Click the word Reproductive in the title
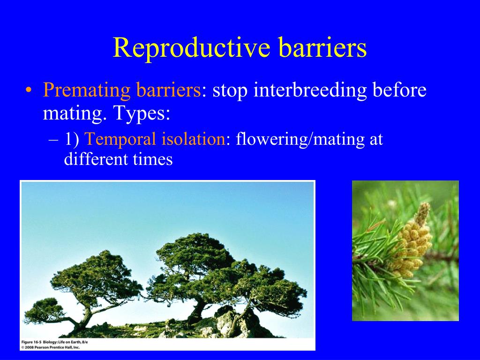(x=192, y=47)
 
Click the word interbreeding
(x=310, y=90)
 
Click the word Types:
(x=142, y=113)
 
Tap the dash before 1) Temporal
(x=53, y=140)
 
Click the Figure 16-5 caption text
(x=54, y=342)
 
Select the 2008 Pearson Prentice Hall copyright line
(x=50, y=347)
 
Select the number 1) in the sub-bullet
(x=72, y=139)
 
